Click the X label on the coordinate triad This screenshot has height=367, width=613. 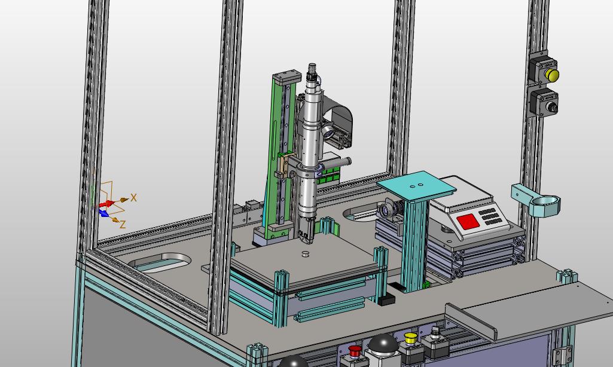coord(134,197)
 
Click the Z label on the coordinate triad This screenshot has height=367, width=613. coord(123,224)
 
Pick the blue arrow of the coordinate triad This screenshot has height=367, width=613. coord(104,213)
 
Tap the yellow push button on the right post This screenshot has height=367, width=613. coord(553,75)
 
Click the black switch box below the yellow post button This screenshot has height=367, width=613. coord(544,102)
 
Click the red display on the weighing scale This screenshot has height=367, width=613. coord(468,222)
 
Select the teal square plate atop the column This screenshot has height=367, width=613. coord(416,186)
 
